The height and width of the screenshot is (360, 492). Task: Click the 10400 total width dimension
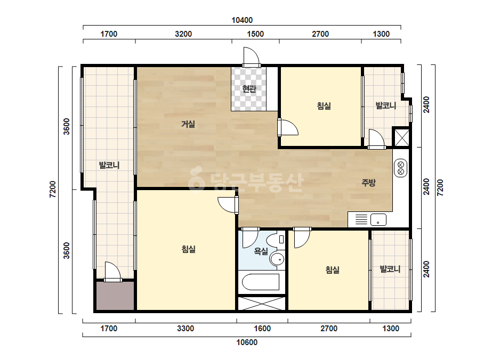(242, 20)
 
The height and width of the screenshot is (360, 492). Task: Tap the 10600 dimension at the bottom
(247, 342)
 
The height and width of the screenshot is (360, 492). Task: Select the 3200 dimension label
(183, 34)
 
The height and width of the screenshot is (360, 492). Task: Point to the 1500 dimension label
(255, 34)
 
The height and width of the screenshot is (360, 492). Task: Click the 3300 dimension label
(185, 329)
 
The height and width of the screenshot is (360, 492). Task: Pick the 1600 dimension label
(262, 329)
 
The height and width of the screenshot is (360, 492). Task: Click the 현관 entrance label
(249, 89)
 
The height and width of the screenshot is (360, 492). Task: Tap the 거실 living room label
(188, 124)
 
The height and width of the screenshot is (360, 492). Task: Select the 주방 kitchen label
(368, 183)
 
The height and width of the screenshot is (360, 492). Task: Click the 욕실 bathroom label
(261, 251)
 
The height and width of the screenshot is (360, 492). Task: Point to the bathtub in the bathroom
(261, 282)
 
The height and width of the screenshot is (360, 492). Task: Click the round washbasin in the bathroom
(277, 259)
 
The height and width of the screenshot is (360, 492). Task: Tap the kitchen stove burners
(401, 168)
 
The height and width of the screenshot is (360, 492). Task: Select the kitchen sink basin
(378, 219)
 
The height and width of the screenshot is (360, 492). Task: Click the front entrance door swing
(251, 56)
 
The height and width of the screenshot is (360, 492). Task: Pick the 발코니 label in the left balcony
(109, 165)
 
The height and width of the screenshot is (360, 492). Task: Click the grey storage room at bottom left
(115, 296)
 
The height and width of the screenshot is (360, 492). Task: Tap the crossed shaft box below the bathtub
(262, 303)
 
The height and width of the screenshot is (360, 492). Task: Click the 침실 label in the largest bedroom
(188, 249)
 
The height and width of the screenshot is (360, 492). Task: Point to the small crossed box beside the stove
(401, 137)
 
